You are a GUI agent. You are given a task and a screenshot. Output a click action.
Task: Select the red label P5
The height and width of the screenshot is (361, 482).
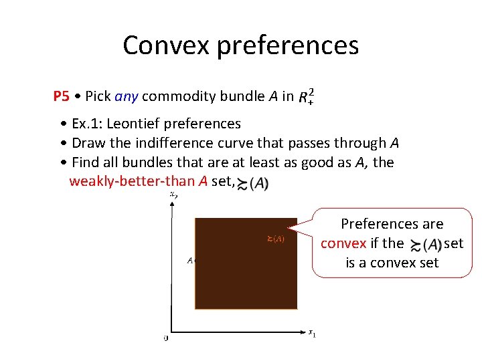tap(61, 96)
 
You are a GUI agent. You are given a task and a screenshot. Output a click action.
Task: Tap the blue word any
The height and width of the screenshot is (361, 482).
tap(127, 96)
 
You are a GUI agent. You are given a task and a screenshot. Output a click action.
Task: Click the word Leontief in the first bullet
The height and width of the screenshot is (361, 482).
tap(137, 124)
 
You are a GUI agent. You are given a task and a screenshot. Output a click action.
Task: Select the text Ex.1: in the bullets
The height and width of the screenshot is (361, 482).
tap(87, 124)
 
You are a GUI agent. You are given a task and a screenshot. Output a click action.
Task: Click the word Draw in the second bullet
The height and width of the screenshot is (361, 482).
tap(88, 143)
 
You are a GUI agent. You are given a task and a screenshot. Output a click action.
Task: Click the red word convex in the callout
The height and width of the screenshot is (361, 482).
tap(343, 243)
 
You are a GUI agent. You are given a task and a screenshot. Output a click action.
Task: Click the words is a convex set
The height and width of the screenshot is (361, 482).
tap(392, 263)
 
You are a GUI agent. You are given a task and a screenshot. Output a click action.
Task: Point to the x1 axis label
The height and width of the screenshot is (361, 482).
tap(312, 332)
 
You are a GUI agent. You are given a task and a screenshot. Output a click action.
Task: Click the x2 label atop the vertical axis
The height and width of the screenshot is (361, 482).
tap(173, 195)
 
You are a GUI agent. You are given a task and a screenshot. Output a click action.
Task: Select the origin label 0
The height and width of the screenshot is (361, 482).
tap(166, 339)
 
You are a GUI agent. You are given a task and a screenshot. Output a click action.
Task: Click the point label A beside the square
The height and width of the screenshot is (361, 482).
tap(189, 261)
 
